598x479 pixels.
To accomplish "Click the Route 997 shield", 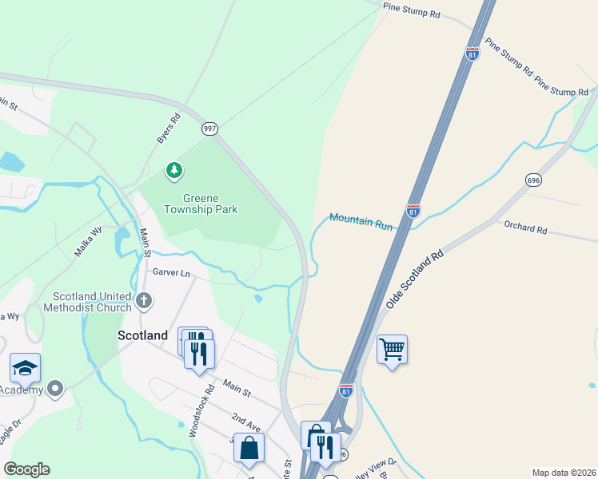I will click(209, 128).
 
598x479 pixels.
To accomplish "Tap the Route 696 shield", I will click(534, 180).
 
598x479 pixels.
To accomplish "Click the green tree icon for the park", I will click(173, 170).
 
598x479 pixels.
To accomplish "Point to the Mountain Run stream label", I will click(361, 221).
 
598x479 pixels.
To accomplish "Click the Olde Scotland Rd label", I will click(414, 282).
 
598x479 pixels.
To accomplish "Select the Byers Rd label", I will click(168, 128).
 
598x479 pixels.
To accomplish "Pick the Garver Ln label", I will click(173, 273).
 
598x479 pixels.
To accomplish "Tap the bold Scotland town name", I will click(143, 335).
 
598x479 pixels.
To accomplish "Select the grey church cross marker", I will click(144, 300).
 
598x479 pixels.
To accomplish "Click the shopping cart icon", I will click(392, 349).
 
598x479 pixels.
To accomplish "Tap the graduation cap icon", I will click(25, 367).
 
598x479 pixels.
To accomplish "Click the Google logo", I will click(26, 469).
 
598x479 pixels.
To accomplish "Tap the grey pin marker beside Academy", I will click(54, 390).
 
